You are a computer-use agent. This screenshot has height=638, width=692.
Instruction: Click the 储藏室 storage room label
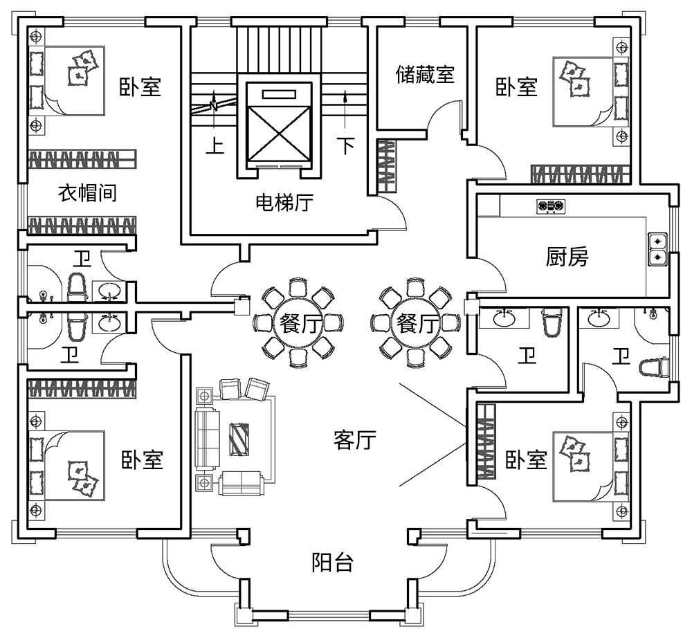(425, 75)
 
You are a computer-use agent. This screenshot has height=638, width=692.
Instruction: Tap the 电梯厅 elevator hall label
(284, 203)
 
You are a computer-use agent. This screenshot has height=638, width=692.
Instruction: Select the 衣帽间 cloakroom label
(86, 193)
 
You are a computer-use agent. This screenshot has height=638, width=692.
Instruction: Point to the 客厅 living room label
(354, 440)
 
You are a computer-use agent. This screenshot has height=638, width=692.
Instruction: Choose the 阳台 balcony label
(332, 563)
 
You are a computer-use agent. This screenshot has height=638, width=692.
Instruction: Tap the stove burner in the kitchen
(551, 206)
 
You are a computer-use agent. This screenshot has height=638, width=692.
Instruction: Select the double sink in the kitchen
(657, 249)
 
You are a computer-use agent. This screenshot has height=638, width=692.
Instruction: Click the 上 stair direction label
(217, 146)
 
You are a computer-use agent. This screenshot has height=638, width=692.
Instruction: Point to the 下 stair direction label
(345, 146)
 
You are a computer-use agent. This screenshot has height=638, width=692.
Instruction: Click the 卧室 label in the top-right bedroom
(516, 87)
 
